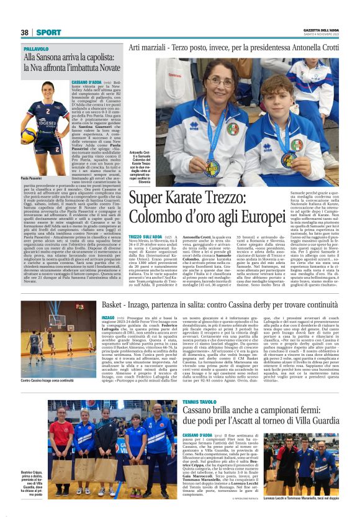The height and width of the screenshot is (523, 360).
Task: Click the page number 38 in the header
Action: pos(25,32)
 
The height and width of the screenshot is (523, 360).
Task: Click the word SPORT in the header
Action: pos(48,32)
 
